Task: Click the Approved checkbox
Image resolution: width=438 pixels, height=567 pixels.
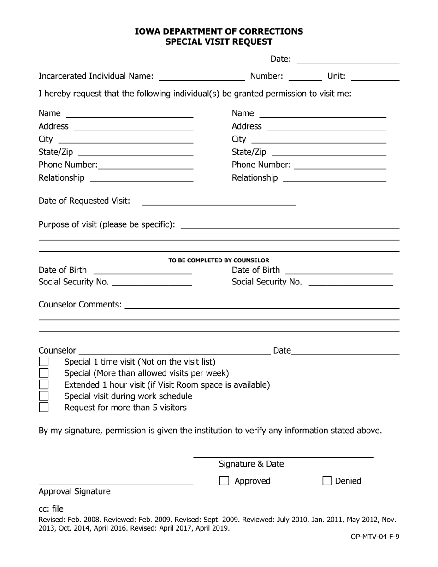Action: pyautogui.click(x=224, y=481)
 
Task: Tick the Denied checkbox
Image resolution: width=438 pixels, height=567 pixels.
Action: pyautogui.click(x=327, y=481)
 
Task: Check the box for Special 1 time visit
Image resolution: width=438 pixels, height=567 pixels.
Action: pyautogui.click(x=44, y=361)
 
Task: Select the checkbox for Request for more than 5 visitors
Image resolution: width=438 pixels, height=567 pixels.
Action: pyautogui.click(x=44, y=407)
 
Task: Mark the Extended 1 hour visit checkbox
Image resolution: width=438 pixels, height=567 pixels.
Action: pyautogui.click(x=44, y=384)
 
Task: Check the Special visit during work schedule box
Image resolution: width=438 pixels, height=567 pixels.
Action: pyautogui.click(x=44, y=396)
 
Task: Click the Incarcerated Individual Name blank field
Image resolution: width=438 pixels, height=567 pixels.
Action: pyautogui.click(x=201, y=77)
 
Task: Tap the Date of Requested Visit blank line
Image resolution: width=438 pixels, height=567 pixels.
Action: pyautogui.click(x=219, y=201)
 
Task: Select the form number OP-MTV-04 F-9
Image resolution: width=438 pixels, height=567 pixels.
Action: pyautogui.click(x=374, y=536)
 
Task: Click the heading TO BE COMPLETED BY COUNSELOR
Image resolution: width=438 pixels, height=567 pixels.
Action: pyautogui.click(x=219, y=260)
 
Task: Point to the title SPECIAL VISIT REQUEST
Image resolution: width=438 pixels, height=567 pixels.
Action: pyautogui.click(x=219, y=42)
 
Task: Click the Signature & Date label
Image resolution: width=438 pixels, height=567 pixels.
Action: pyautogui.click(x=251, y=464)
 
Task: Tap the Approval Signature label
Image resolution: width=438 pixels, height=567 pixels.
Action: pyautogui.click(x=75, y=491)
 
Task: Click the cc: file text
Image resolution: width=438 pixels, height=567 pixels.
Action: pyautogui.click(x=51, y=508)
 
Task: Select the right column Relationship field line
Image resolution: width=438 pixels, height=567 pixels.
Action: pyautogui.click(x=334, y=178)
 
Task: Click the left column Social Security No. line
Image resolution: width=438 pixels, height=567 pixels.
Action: pyautogui.click(x=152, y=282)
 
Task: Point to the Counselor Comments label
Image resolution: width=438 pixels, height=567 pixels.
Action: pyautogui.click(x=80, y=304)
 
